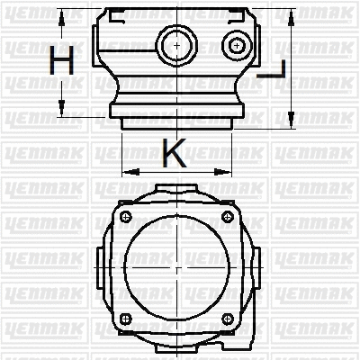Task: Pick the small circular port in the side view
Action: tap(237, 45)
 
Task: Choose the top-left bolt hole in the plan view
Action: tap(125, 215)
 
